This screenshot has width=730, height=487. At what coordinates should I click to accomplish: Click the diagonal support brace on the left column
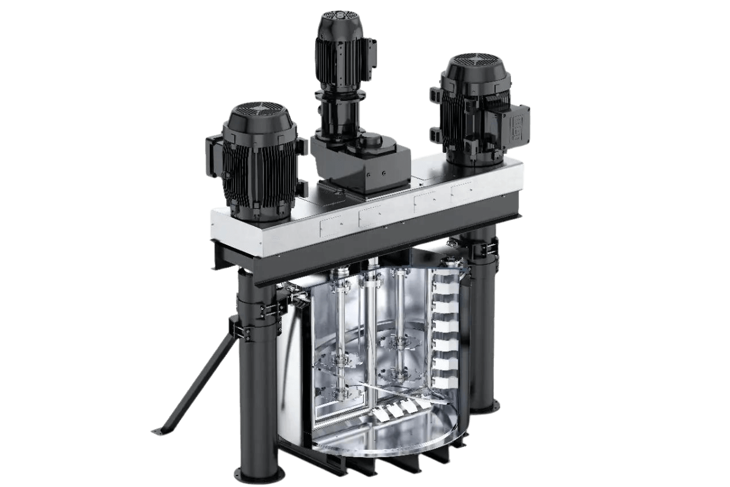pyautogui.click(x=204, y=371)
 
